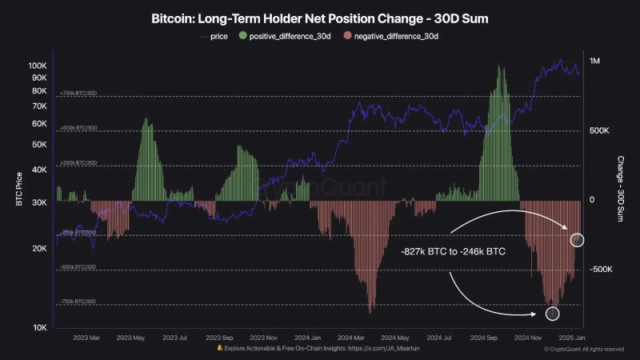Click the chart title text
pyautogui.click(x=320, y=18)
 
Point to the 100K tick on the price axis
pyautogui.click(x=38, y=65)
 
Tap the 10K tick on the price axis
pyautogui.click(x=40, y=328)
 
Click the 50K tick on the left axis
pyautogui.click(x=40, y=144)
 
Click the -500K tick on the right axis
pyautogui.click(x=602, y=270)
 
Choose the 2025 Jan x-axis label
pyautogui.click(x=572, y=338)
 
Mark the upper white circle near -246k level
pyautogui.click(x=578, y=239)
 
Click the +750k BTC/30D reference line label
pyautogui.click(x=78, y=94)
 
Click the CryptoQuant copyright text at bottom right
pyautogui.click(x=584, y=349)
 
